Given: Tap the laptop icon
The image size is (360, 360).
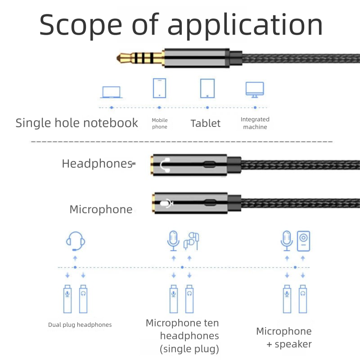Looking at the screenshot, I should click(111, 92).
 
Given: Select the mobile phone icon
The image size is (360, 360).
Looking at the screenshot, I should click(159, 88).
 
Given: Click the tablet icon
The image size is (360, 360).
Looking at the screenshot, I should click(207, 88).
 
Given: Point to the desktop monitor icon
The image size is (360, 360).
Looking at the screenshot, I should click(255, 89).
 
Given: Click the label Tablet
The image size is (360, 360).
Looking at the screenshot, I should click(206, 123).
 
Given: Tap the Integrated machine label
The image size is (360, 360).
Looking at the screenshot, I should click(255, 123).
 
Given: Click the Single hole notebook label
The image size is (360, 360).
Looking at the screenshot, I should click(76, 123).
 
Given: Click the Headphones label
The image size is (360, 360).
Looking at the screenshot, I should click(97, 163).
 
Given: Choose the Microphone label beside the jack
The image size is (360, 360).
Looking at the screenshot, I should click(101, 209).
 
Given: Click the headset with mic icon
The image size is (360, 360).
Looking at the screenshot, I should click(75, 241).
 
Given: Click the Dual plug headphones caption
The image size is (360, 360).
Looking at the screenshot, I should click(80, 324).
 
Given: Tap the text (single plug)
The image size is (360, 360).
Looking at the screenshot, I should click(189, 349).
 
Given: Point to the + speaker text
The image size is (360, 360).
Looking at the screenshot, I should click(289, 344).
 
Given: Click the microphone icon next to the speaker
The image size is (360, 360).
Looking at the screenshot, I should click(287, 241).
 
